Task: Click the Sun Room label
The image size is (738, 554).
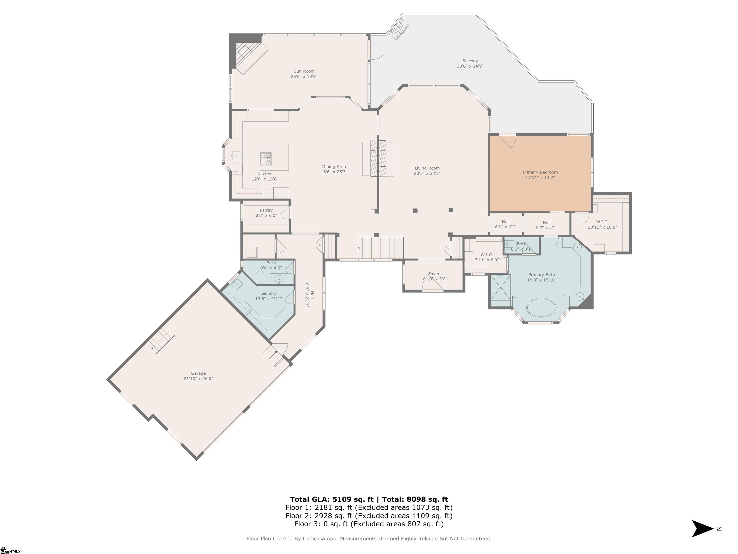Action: [x=304, y=71]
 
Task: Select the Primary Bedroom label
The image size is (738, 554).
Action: [x=540, y=172]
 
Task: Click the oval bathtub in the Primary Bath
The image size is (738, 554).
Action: [x=541, y=307]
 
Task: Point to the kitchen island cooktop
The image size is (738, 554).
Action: [x=266, y=159]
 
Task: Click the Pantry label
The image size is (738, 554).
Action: [x=266, y=210]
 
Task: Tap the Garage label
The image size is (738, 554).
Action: [x=198, y=373]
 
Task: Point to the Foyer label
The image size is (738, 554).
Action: [x=434, y=274]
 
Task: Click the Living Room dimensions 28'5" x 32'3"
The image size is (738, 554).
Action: [x=427, y=174]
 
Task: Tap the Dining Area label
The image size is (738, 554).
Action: [x=334, y=167]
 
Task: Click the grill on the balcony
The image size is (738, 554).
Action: [x=399, y=28]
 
